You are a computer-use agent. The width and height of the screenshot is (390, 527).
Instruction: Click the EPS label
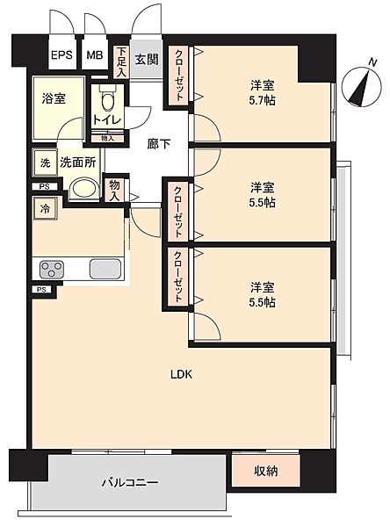coord(61,54)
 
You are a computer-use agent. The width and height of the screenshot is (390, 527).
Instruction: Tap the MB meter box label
coord(95,54)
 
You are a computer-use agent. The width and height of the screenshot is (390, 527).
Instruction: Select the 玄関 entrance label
coord(147,60)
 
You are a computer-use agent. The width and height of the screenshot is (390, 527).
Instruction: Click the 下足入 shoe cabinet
coord(121,61)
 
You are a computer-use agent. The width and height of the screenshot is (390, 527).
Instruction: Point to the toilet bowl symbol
coord(107,99)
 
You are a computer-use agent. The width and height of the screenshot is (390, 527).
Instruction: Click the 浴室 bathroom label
coord(54,98)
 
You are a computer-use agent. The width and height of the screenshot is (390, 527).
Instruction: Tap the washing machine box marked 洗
coord(45,163)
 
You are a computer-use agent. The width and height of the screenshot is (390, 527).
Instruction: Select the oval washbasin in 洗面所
coord(84,189)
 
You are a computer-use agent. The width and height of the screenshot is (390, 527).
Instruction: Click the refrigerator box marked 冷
coord(45,209)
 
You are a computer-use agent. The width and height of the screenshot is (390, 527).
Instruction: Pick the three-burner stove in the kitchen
coord(52,270)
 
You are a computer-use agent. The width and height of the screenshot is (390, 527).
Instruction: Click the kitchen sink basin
coord(105,269)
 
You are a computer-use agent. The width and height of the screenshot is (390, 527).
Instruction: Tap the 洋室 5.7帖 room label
coord(263,93)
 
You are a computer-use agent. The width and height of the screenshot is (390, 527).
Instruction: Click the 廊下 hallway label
coord(159,144)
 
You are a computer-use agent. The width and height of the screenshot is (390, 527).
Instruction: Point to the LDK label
coord(181,374)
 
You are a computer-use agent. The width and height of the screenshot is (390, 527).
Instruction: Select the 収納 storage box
coord(265,471)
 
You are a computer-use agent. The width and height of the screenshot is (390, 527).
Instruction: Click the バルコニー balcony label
coord(130,483)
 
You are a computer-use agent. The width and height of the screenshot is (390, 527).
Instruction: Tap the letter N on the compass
coord(372,62)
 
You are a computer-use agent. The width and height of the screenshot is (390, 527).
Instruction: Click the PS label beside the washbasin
coord(45,186)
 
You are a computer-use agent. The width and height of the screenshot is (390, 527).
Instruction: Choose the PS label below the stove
coord(41,289)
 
